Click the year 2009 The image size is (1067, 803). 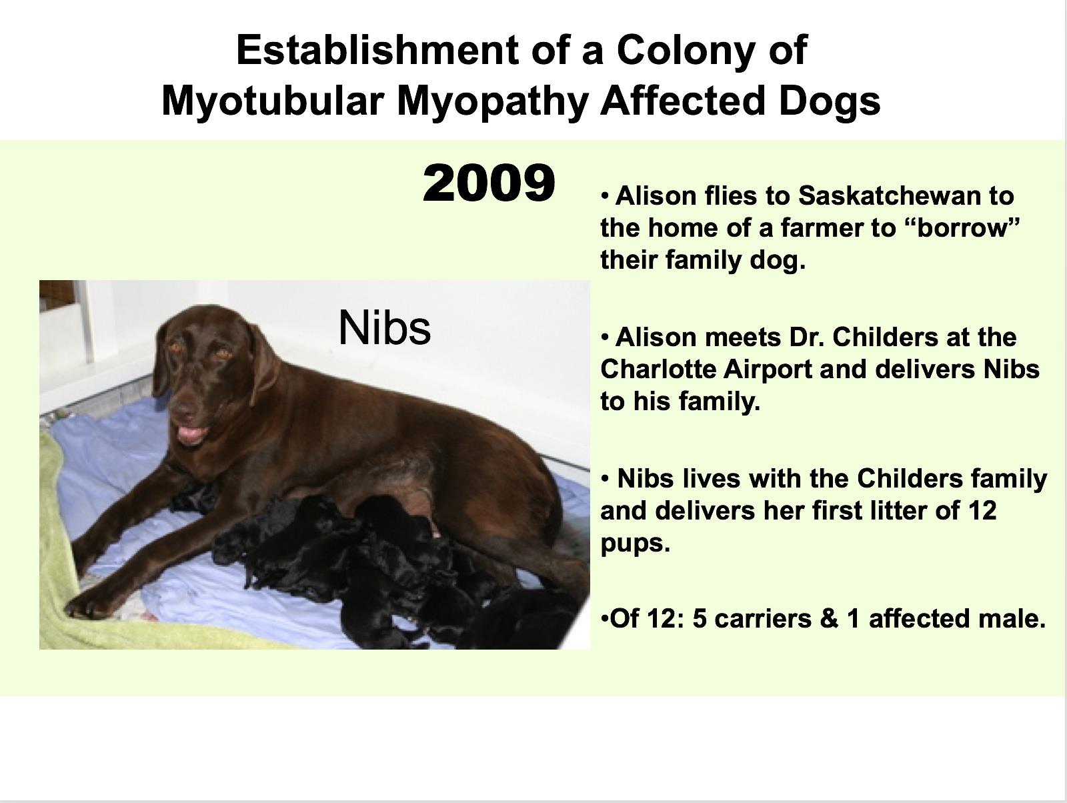coord(489,183)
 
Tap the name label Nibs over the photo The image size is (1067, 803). coord(385,327)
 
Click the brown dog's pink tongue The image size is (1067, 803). coord(192,433)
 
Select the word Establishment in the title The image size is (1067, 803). coord(377,50)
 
